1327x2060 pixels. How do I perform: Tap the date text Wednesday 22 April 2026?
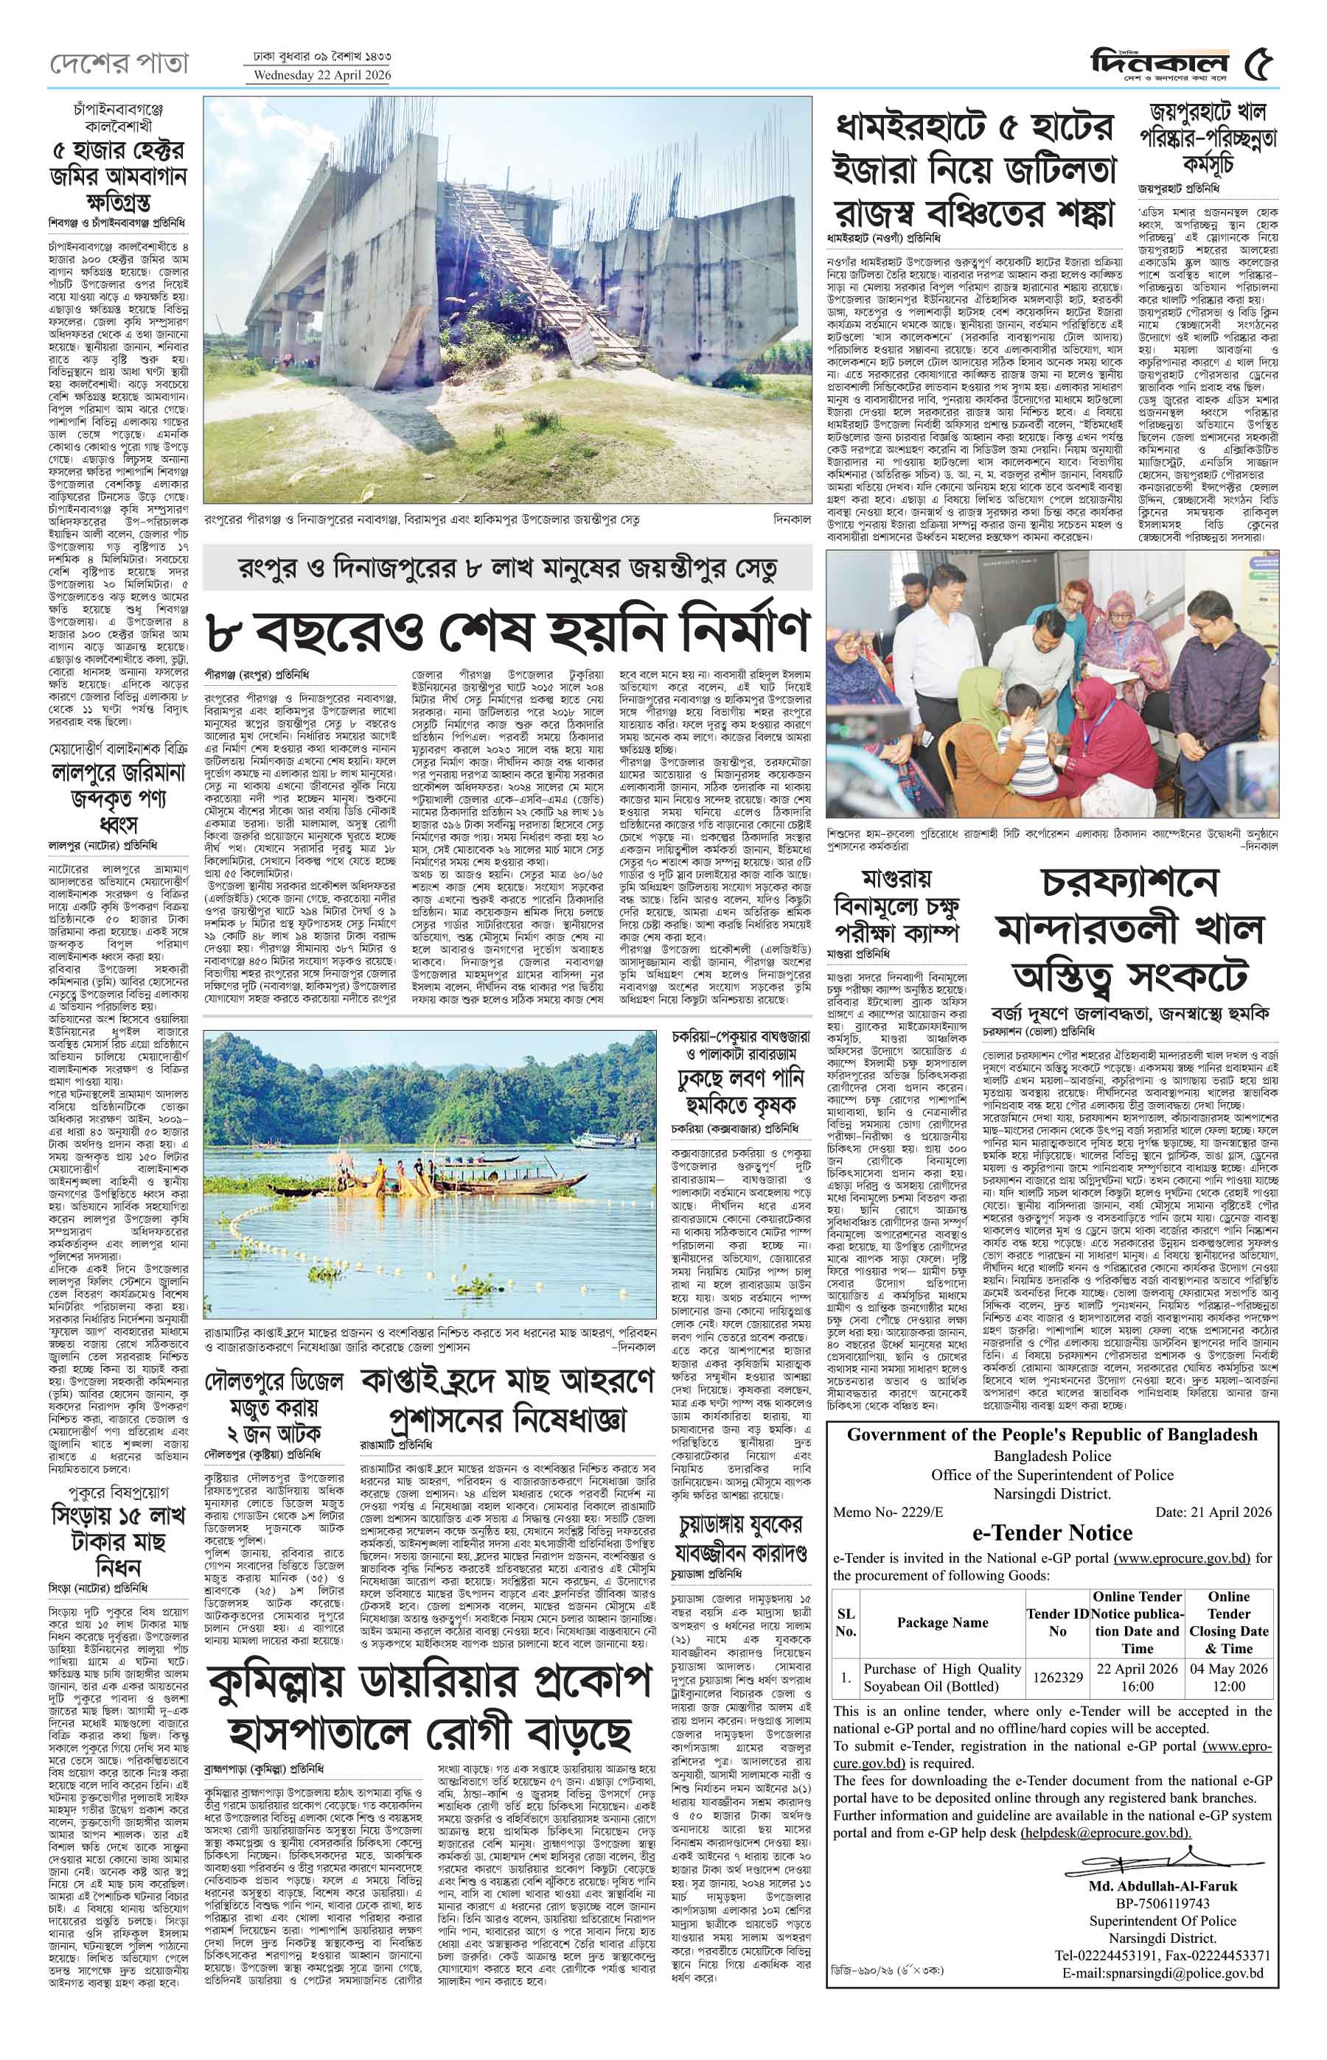click(x=318, y=76)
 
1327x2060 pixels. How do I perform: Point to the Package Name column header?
click(x=942, y=1622)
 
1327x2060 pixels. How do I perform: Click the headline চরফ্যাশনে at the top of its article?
click(x=1129, y=883)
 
